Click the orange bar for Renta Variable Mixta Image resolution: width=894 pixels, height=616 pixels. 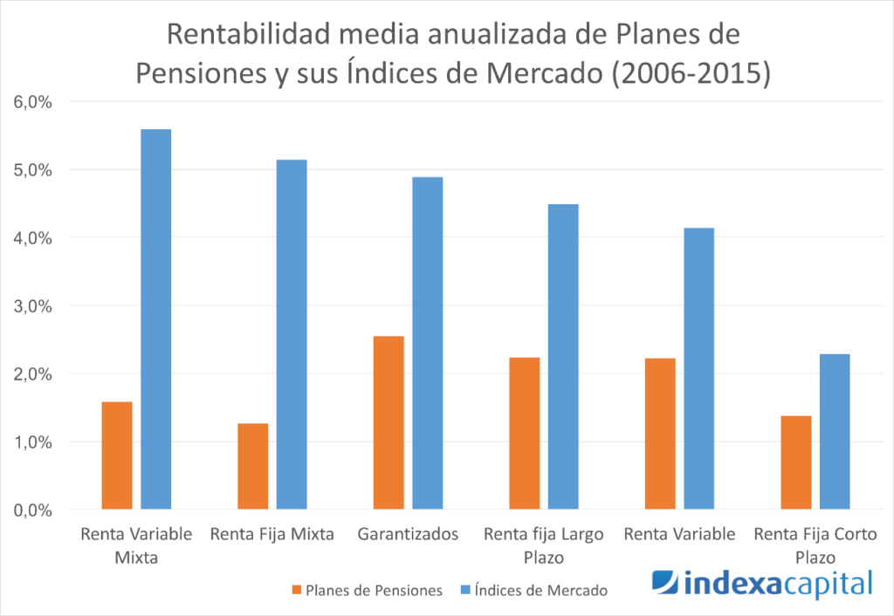[x=117, y=455]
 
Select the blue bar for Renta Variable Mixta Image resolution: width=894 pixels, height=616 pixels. [x=156, y=318]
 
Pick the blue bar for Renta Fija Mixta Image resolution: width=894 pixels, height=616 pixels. [x=292, y=334]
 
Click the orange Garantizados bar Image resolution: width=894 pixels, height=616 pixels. [x=388, y=422]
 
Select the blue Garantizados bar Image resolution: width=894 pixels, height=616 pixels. [x=427, y=343]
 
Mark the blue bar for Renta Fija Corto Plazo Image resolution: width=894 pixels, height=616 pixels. [x=835, y=431]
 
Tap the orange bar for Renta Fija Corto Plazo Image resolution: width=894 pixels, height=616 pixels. [x=795, y=462]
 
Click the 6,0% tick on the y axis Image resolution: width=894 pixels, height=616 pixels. [x=33, y=102]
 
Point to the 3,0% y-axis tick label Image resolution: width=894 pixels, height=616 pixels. [x=33, y=306]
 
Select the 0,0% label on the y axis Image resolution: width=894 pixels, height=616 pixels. [x=33, y=510]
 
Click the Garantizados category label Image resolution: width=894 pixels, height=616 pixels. [x=408, y=535]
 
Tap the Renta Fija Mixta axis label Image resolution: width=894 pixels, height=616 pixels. [x=272, y=535]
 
